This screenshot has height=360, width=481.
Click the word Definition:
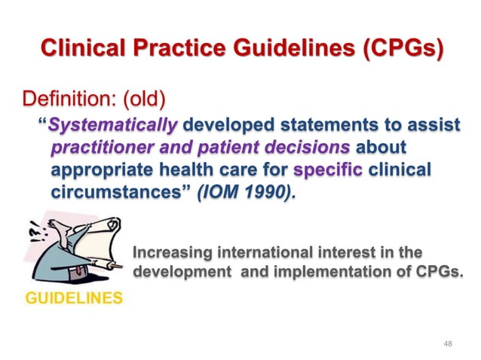pyautogui.click(x=67, y=99)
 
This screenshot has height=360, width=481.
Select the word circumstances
pyautogui.click(x=114, y=191)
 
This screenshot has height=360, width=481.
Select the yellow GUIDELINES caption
pyautogui.click(x=74, y=297)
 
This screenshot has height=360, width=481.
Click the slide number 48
pyautogui.click(x=448, y=343)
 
